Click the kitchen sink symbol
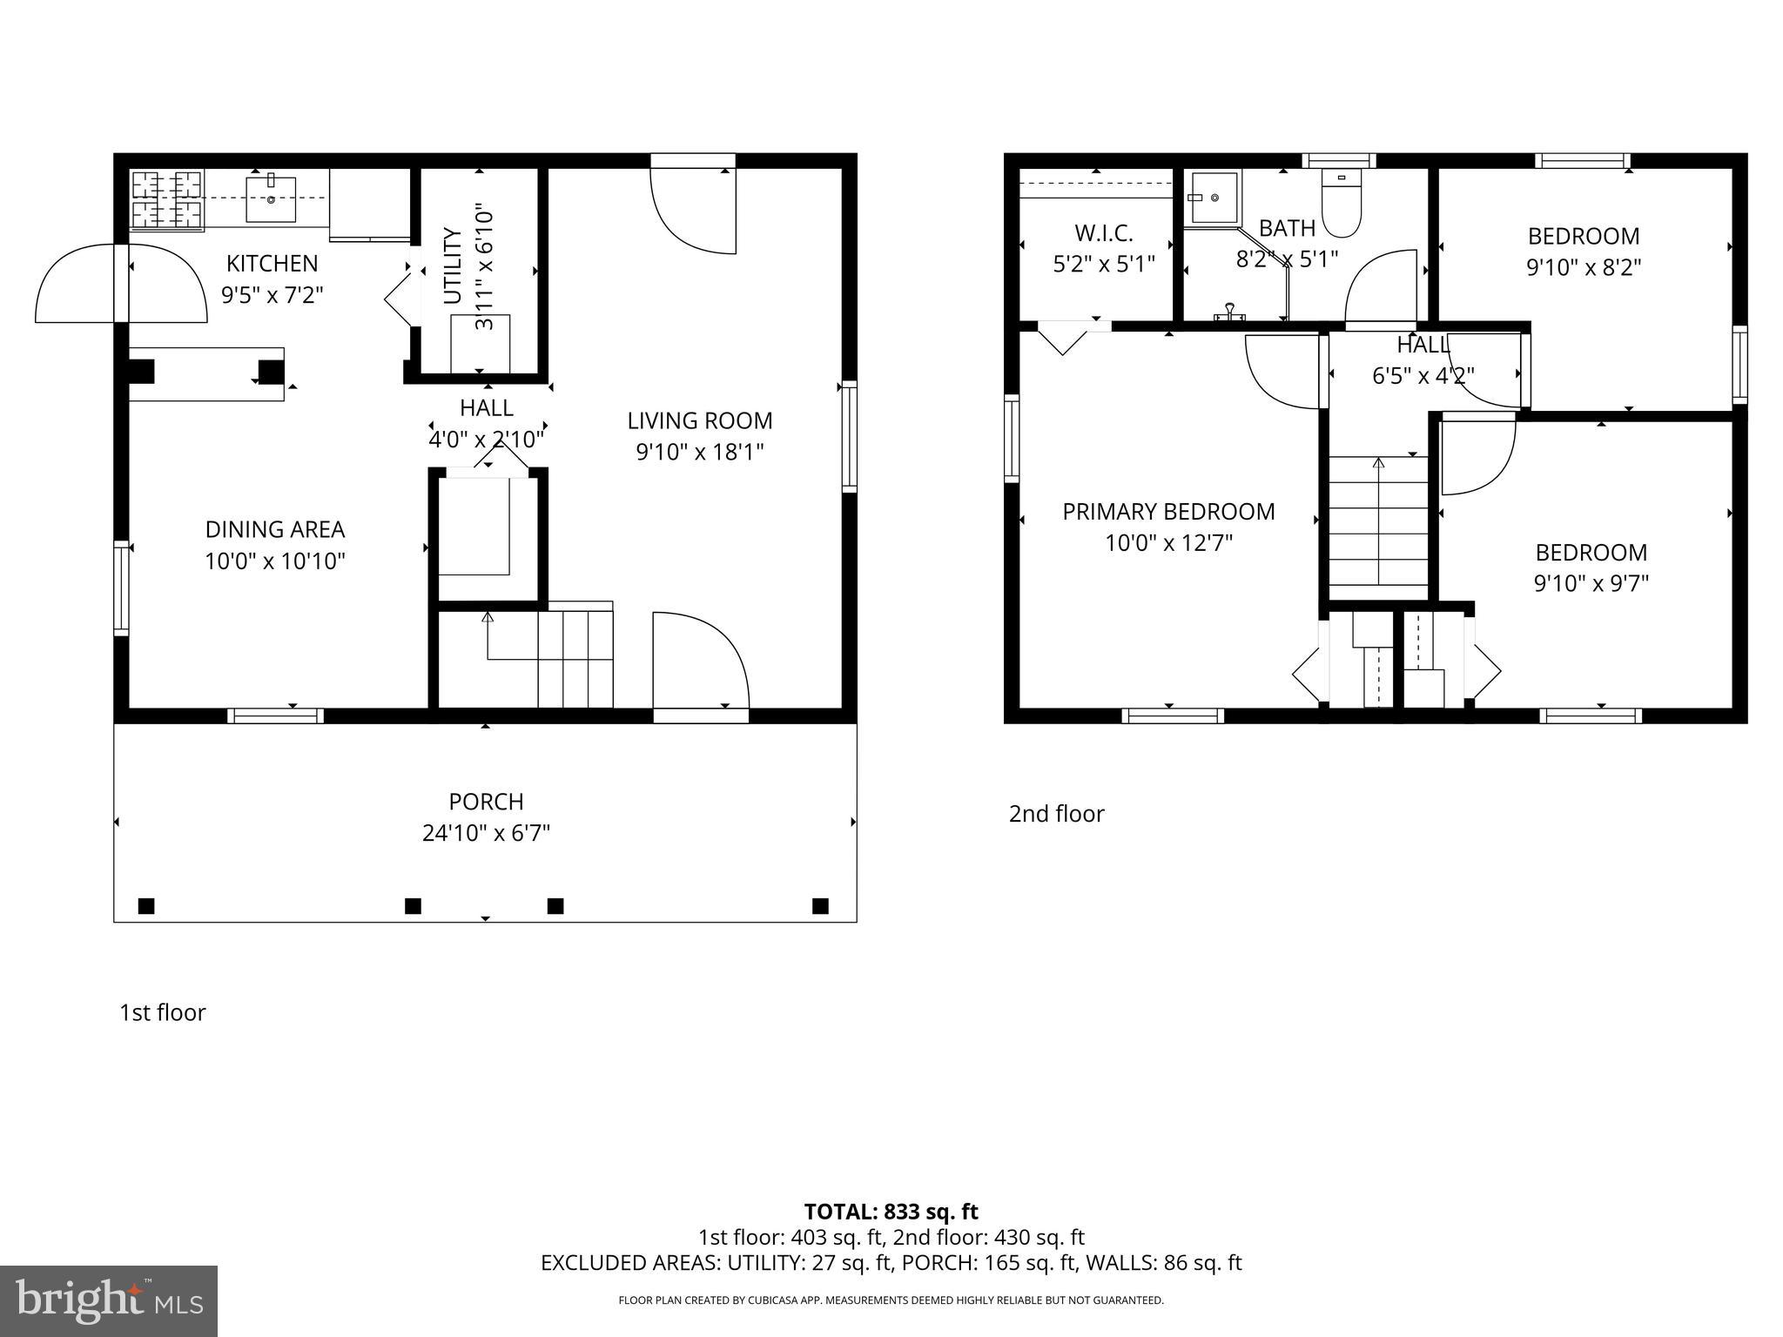click(271, 199)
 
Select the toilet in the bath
click(1341, 204)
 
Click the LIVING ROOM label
click(700, 421)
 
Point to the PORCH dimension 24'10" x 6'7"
click(486, 834)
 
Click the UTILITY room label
click(452, 265)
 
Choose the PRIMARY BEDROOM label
click(1168, 512)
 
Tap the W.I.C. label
click(1103, 233)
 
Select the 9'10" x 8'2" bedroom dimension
click(1584, 267)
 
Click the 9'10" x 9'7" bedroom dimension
click(1591, 583)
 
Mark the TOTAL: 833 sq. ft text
click(891, 1212)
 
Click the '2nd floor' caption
click(1056, 814)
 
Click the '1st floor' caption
click(162, 1013)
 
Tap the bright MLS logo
click(108, 1300)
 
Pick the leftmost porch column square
click(146, 906)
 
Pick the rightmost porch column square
click(820, 906)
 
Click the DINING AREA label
click(275, 529)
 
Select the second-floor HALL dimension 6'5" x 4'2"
click(1423, 376)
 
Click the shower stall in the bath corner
click(1214, 198)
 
